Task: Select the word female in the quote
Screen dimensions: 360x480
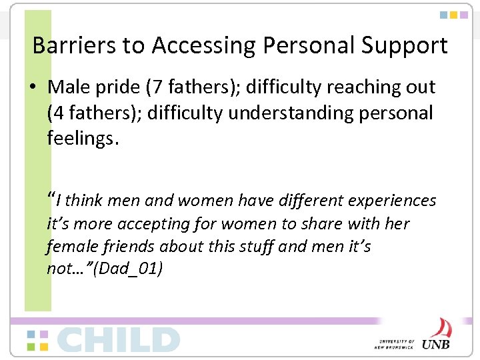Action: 71,246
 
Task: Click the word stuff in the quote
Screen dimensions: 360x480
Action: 254,246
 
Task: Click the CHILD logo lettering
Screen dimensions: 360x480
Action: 118,339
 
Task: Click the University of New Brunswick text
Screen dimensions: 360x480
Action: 396,343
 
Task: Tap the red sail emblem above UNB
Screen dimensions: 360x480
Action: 440,327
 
